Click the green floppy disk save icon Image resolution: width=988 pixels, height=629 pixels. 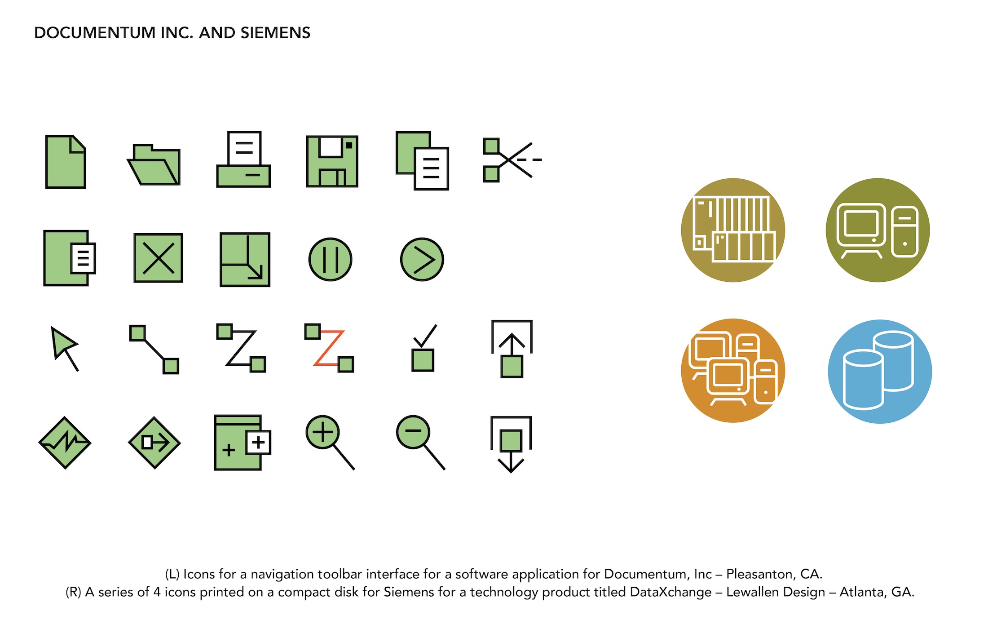pyautogui.click(x=332, y=161)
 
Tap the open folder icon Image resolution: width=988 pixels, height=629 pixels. pyautogui.click(x=154, y=165)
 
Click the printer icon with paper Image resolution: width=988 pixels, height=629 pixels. pyautogui.click(x=243, y=160)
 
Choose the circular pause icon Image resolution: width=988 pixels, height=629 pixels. pyautogui.click(x=331, y=260)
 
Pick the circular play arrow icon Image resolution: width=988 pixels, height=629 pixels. pyautogui.click(x=422, y=260)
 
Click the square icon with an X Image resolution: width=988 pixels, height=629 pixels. pyautogui.click(x=158, y=258)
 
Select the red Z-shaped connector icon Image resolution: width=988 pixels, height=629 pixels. pyautogui.click(x=329, y=348)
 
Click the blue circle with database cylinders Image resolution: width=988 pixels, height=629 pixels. pyautogui.click(x=880, y=372)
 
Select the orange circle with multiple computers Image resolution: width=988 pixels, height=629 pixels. pyautogui.click(x=733, y=371)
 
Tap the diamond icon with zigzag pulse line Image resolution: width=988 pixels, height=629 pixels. pyautogui.click(x=65, y=443)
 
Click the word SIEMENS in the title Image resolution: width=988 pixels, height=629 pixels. pyautogui.click(x=275, y=33)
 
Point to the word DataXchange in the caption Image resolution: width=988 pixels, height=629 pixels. pyautogui.click(x=670, y=592)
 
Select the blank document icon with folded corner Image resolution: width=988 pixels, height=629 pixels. pyautogui.click(x=66, y=162)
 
